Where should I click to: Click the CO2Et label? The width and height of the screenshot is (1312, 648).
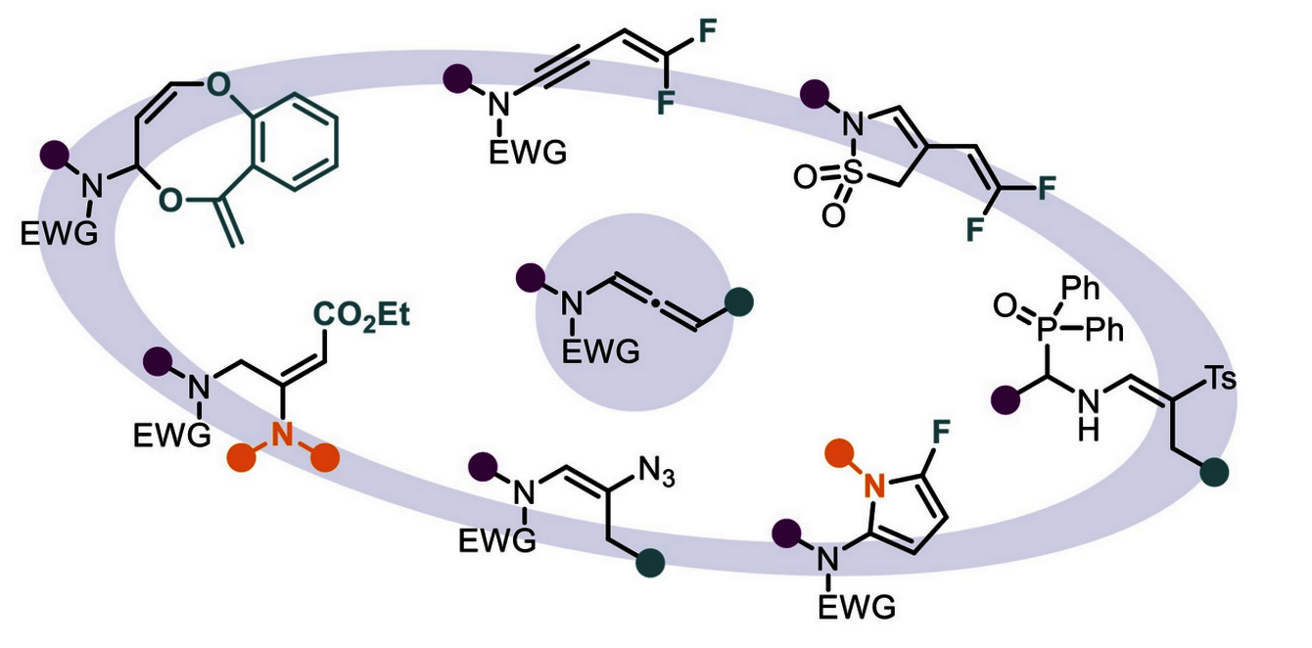pyautogui.click(x=359, y=316)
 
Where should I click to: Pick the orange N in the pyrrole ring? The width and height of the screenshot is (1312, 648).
pyautogui.click(x=875, y=481)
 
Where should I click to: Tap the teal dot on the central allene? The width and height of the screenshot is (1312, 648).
pyautogui.click(x=740, y=300)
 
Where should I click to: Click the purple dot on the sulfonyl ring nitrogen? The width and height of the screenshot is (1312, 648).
pyautogui.click(x=814, y=94)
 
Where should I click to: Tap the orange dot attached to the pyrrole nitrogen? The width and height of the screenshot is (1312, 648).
pyautogui.click(x=835, y=451)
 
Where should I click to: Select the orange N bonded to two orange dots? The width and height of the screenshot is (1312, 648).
pyautogui.click(x=282, y=437)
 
